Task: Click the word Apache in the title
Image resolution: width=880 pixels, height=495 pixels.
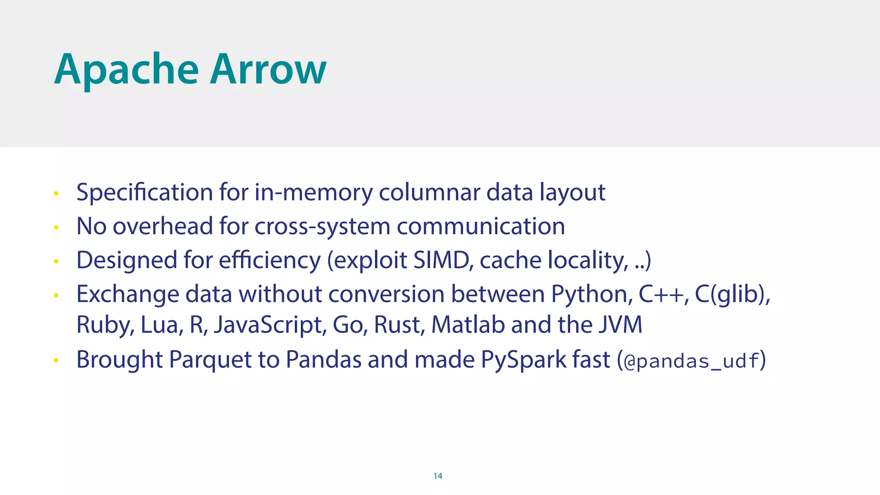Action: [x=127, y=70]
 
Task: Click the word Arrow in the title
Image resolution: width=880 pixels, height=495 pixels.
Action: [x=268, y=70]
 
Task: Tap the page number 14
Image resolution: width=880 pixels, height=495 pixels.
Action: [x=438, y=476]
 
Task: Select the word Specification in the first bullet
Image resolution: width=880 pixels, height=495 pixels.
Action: [x=144, y=192]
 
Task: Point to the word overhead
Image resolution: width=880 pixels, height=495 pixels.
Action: [x=163, y=226]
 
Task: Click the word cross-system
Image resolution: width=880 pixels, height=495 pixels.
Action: [x=322, y=227]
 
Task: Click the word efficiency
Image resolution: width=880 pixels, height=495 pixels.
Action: [x=269, y=261]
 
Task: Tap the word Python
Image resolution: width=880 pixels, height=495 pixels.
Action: [x=592, y=295]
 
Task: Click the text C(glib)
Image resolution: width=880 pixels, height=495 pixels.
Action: [x=732, y=295]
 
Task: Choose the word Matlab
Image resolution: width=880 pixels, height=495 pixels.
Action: [x=468, y=324]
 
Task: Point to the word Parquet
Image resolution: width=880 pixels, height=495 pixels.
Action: [x=210, y=360]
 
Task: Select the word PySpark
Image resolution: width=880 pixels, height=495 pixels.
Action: [x=523, y=360]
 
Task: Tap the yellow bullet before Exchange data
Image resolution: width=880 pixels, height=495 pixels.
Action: [x=56, y=295]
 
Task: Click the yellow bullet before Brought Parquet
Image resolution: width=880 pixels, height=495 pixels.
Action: [x=56, y=361]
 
